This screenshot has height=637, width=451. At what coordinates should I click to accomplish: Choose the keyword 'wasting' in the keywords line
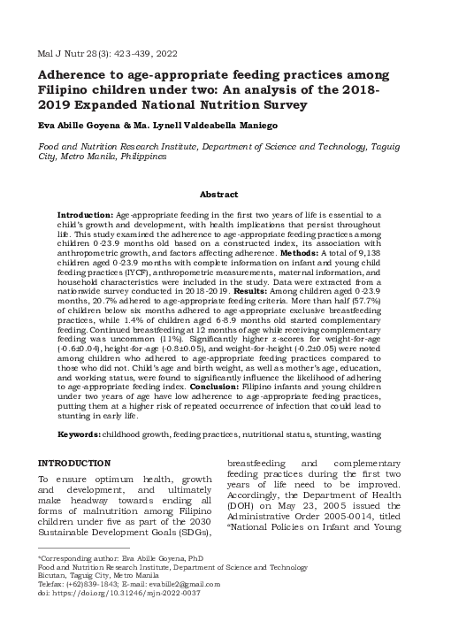pos(364,434)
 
